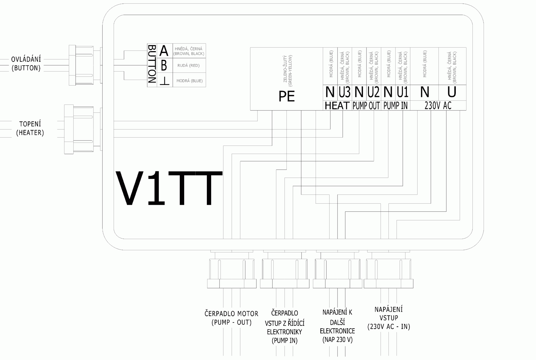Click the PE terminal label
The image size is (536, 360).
click(x=286, y=96)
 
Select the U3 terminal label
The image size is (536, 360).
click(x=344, y=93)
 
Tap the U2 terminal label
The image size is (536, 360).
click(x=373, y=93)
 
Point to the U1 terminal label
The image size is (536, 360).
click(x=403, y=93)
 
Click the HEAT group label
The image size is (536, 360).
click(x=337, y=105)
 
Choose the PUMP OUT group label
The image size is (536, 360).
click(x=366, y=105)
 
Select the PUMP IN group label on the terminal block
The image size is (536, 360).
click(x=395, y=105)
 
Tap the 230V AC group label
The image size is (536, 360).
click(x=438, y=105)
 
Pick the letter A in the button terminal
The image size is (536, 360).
click(x=164, y=50)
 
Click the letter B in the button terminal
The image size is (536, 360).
click(x=164, y=66)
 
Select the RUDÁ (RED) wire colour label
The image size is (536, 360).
click(x=188, y=66)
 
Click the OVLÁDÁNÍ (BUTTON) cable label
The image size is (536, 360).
click(x=26, y=64)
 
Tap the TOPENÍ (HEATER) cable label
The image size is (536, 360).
click(x=30, y=128)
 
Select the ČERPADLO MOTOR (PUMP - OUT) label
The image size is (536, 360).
click(x=231, y=318)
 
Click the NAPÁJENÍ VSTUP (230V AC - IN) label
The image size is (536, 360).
click(x=389, y=318)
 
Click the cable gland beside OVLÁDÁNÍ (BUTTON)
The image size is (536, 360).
click(x=82, y=65)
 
